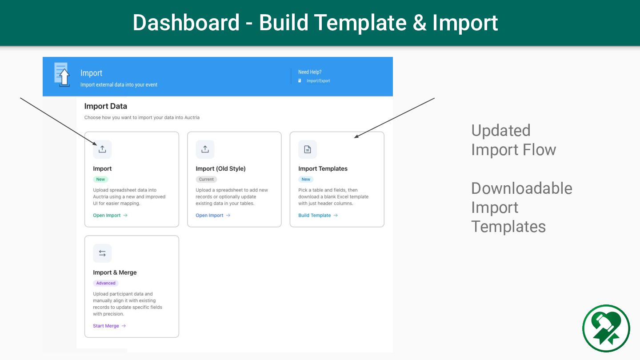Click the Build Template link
pyautogui.click(x=318, y=216)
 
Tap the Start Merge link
pyautogui.click(x=109, y=326)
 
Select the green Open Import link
pyautogui.click(x=110, y=216)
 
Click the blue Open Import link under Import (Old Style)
pyautogui.click(x=212, y=216)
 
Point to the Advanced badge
pyautogui.click(x=106, y=283)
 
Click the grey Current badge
pyautogui.click(x=206, y=180)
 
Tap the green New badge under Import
pyautogui.click(x=100, y=180)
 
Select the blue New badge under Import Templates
pyautogui.click(x=306, y=180)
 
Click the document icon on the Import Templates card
pyautogui.click(x=308, y=149)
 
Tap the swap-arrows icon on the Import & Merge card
pyautogui.click(x=102, y=253)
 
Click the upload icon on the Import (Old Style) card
pyautogui.click(x=205, y=149)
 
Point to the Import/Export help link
pyautogui.click(x=318, y=81)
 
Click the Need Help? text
pyautogui.click(x=310, y=72)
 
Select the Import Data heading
pyautogui.click(x=105, y=106)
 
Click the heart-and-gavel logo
pyautogui.click(x=606, y=328)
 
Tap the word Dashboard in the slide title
pyautogui.click(x=186, y=23)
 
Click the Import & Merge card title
pyautogui.click(x=115, y=272)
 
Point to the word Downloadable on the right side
pyautogui.click(x=521, y=188)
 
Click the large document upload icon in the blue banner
pyautogui.click(x=62, y=75)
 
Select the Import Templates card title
pyautogui.click(x=323, y=169)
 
